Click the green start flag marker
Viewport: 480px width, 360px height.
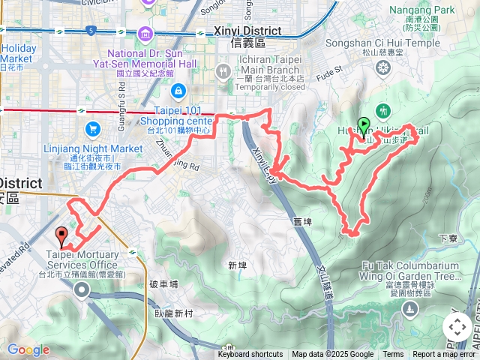tap(364, 125)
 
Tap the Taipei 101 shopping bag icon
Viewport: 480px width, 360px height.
tap(178, 91)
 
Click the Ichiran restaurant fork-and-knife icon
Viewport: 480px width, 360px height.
tap(223, 71)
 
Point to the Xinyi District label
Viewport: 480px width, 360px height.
tap(238, 31)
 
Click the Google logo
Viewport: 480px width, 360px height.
tap(28, 349)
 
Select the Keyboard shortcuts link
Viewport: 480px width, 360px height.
tap(250, 355)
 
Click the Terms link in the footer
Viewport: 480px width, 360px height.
tap(393, 355)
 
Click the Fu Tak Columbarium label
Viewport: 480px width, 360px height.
tap(409, 265)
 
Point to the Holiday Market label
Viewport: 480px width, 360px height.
tap(19, 52)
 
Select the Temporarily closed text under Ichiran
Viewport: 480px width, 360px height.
tap(274, 87)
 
